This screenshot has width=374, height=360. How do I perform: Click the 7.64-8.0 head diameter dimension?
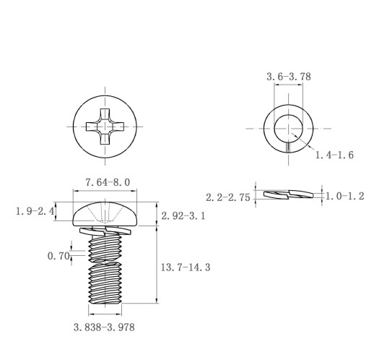108,182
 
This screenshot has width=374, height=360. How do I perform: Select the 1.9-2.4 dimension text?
35,212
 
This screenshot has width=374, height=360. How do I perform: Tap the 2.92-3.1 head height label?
183,216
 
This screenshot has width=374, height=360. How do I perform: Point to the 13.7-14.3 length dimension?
186,267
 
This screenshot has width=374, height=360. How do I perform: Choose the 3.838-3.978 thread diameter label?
104,327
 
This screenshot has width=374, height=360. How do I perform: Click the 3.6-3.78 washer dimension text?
289,77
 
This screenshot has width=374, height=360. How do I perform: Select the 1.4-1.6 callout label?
334,155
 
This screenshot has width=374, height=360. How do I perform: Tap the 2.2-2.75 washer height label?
228,197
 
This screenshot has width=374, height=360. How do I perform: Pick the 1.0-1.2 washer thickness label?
344,197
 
